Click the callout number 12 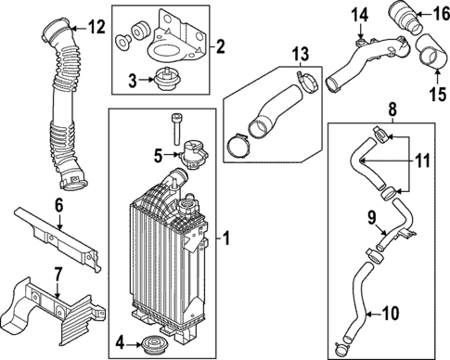click(x=96, y=27)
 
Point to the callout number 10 click(x=391, y=314)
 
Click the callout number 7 click(x=58, y=274)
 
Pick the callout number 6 click(x=58, y=205)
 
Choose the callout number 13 click(x=301, y=54)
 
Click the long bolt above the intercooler click(x=175, y=129)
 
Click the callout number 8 click(x=392, y=109)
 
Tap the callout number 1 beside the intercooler click(x=226, y=238)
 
